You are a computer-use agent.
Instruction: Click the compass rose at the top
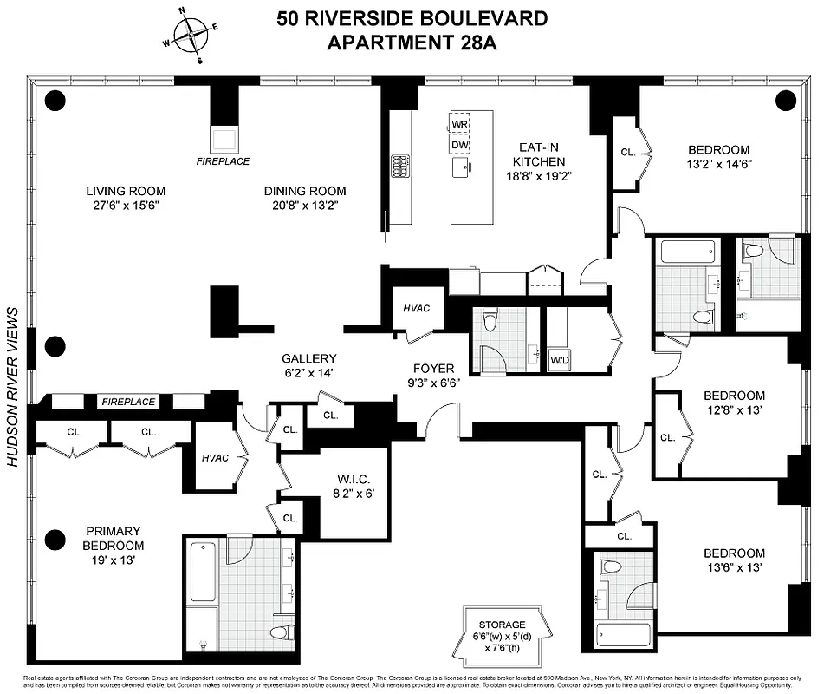(x=195, y=36)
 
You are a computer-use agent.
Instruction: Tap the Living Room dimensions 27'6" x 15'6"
(x=125, y=206)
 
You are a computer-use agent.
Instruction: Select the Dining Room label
(x=304, y=191)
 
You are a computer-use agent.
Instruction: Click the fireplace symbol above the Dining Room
(x=223, y=139)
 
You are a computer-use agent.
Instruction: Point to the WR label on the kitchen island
(x=459, y=124)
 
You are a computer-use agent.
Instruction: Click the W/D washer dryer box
(x=560, y=359)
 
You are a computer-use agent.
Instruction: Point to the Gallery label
(x=308, y=358)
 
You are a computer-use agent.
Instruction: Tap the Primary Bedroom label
(x=114, y=538)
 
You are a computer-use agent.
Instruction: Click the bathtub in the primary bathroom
(x=202, y=573)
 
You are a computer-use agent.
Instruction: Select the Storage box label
(x=503, y=625)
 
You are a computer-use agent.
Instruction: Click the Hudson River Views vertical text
(x=13, y=387)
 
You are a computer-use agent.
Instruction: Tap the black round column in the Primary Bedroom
(x=55, y=538)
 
